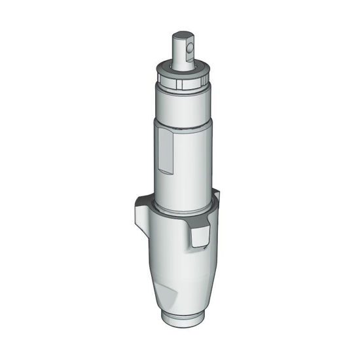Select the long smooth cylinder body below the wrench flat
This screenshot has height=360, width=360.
pyautogui.click(x=190, y=170)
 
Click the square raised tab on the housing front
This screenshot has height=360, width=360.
pyautogui.click(x=200, y=239)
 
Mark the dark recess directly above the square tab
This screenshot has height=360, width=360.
pyautogui.click(x=199, y=225)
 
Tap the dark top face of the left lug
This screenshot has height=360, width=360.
pyautogui.click(x=142, y=200)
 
